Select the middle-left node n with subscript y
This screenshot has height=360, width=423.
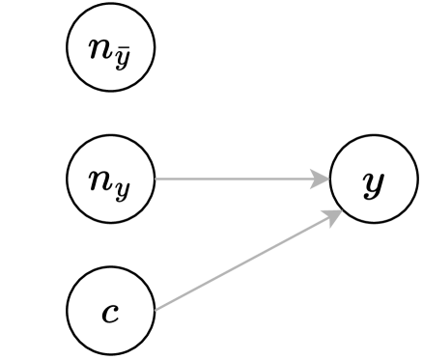(x=111, y=180)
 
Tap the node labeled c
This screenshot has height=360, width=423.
(x=111, y=312)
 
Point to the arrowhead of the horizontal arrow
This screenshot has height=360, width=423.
(x=321, y=180)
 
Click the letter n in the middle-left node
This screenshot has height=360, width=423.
(x=101, y=178)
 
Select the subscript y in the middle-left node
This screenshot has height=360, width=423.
(x=123, y=185)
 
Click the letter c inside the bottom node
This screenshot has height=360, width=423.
(x=111, y=313)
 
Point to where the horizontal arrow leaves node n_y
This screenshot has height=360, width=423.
(x=156, y=180)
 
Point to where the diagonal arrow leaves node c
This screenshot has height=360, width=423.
(x=155, y=309)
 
